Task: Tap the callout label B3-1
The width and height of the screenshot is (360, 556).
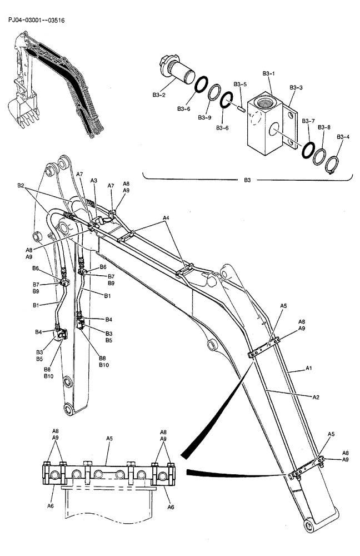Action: click(x=268, y=73)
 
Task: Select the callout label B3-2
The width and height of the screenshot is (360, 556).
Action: click(x=158, y=95)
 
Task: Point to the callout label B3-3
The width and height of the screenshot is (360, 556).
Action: click(x=296, y=87)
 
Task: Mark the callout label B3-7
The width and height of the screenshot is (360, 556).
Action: click(x=308, y=121)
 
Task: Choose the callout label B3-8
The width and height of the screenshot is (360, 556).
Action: click(x=324, y=127)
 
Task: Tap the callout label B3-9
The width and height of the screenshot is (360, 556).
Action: click(x=204, y=117)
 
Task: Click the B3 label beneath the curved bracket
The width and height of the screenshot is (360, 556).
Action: click(x=247, y=180)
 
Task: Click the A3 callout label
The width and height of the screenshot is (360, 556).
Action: click(x=94, y=181)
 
